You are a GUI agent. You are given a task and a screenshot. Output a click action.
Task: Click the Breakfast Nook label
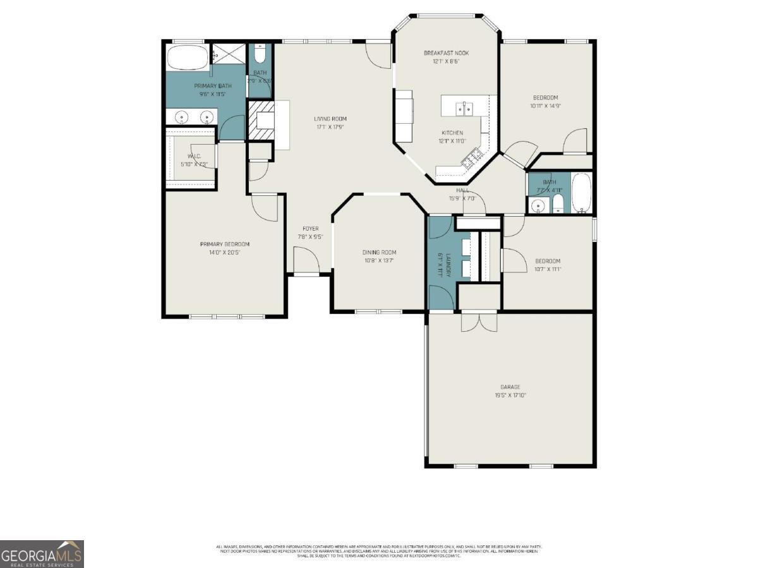pyautogui.click(x=446, y=53)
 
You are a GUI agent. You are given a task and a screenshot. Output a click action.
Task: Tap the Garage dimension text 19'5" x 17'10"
pyautogui.click(x=510, y=395)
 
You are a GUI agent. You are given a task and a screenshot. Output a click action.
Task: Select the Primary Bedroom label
pyautogui.click(x=224, y=245)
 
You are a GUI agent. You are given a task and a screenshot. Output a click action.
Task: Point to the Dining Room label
pyautogui.click(x=379, y=252)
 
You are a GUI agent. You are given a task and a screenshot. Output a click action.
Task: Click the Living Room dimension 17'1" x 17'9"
pyautogui.click(x=330, y=127)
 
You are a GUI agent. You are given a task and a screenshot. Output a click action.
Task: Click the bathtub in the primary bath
pyautogui.click(x=186, y=58)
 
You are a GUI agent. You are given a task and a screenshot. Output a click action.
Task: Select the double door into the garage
pyautogui.click(x=479, y=322)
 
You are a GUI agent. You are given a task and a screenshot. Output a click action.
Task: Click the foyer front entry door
pyautogui.click(x=306, y=260)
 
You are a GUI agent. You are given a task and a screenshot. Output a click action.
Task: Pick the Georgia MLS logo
pyautogui.click(x=42, y=554)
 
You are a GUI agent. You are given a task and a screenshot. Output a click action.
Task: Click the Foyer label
pyautogui.click(x=310, y=229)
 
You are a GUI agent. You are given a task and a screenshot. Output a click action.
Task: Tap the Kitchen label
pyautogui.click(x=452, y=133)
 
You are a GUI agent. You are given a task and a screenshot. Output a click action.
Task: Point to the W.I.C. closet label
pyautogui.click(x=193, y=156)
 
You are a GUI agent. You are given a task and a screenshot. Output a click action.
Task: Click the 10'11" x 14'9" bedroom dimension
pyautogui.click(x=546, y=106)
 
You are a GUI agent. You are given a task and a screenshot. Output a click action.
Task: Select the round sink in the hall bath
pyautogui.click(x=538, y=205)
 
